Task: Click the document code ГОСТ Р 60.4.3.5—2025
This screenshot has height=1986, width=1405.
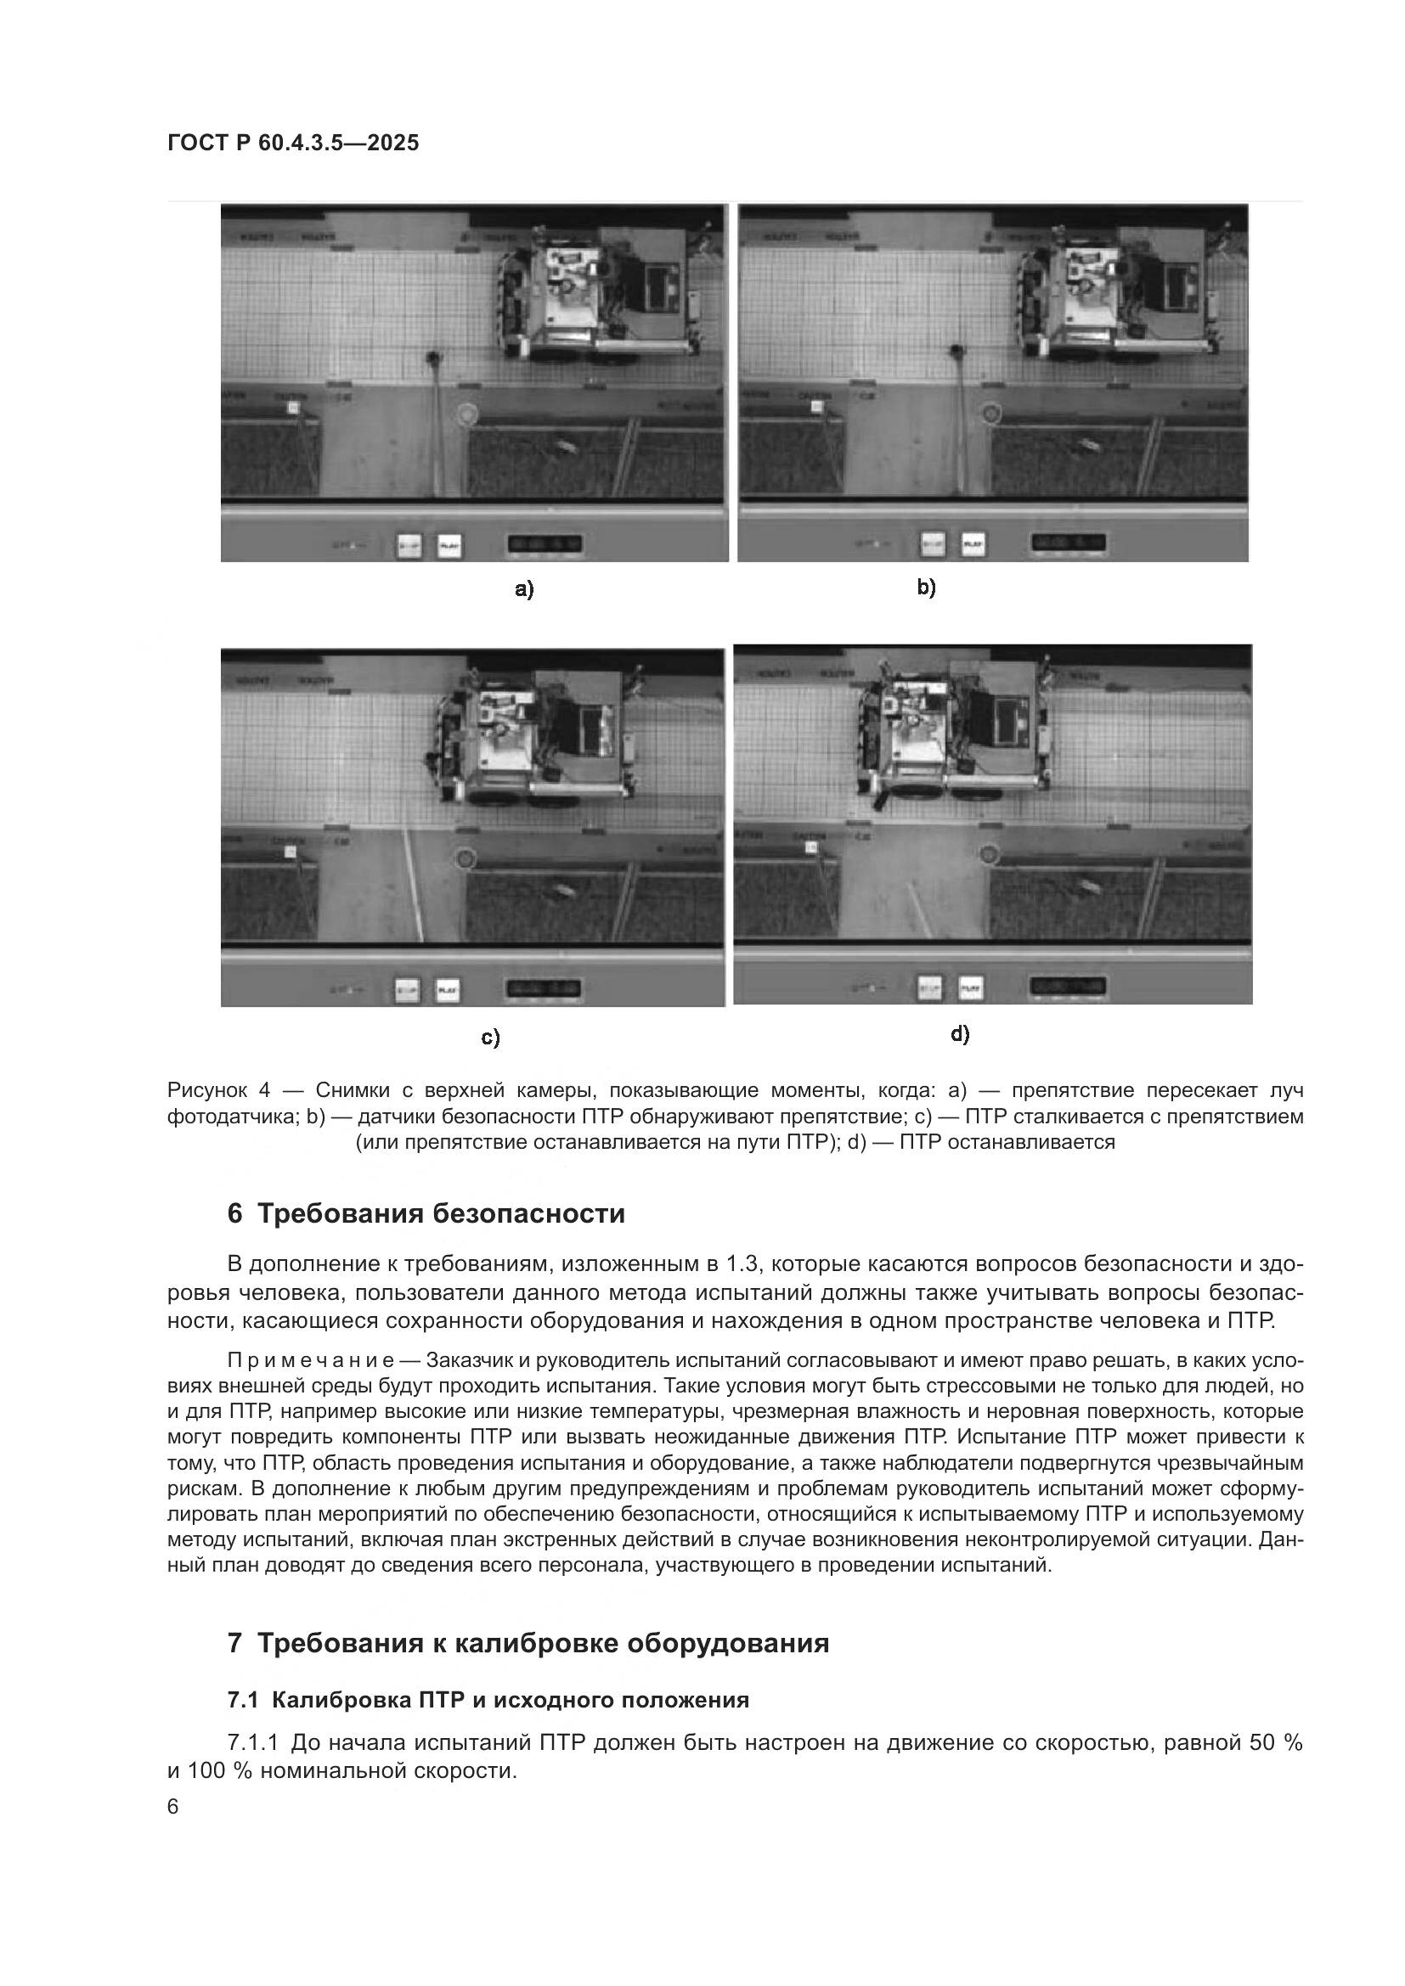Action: (x=293, y=143)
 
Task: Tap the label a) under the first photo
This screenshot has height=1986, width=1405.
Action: (x=524, y=590)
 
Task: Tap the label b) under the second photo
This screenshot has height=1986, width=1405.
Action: (x=927, y=588)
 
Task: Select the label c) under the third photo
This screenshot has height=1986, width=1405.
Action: (x=490, y=1037)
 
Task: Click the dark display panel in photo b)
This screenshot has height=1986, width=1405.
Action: (x=1068, y=543)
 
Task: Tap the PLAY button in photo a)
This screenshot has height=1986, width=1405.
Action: (x=449, y=546)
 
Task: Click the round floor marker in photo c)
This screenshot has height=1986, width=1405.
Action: (x=466, y=859)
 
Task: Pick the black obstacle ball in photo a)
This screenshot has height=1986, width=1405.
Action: (x=434, y=357)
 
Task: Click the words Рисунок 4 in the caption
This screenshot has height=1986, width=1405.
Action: (x=219, y=1090)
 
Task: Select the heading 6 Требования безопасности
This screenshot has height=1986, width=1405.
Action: (x=426, y=1213)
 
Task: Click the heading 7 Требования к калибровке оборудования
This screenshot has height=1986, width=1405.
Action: (x=528, y=1643)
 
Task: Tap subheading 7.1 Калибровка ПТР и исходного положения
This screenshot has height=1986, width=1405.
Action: (x=488, y=1700)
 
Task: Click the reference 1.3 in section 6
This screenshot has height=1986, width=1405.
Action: (x=742, y=1263)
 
